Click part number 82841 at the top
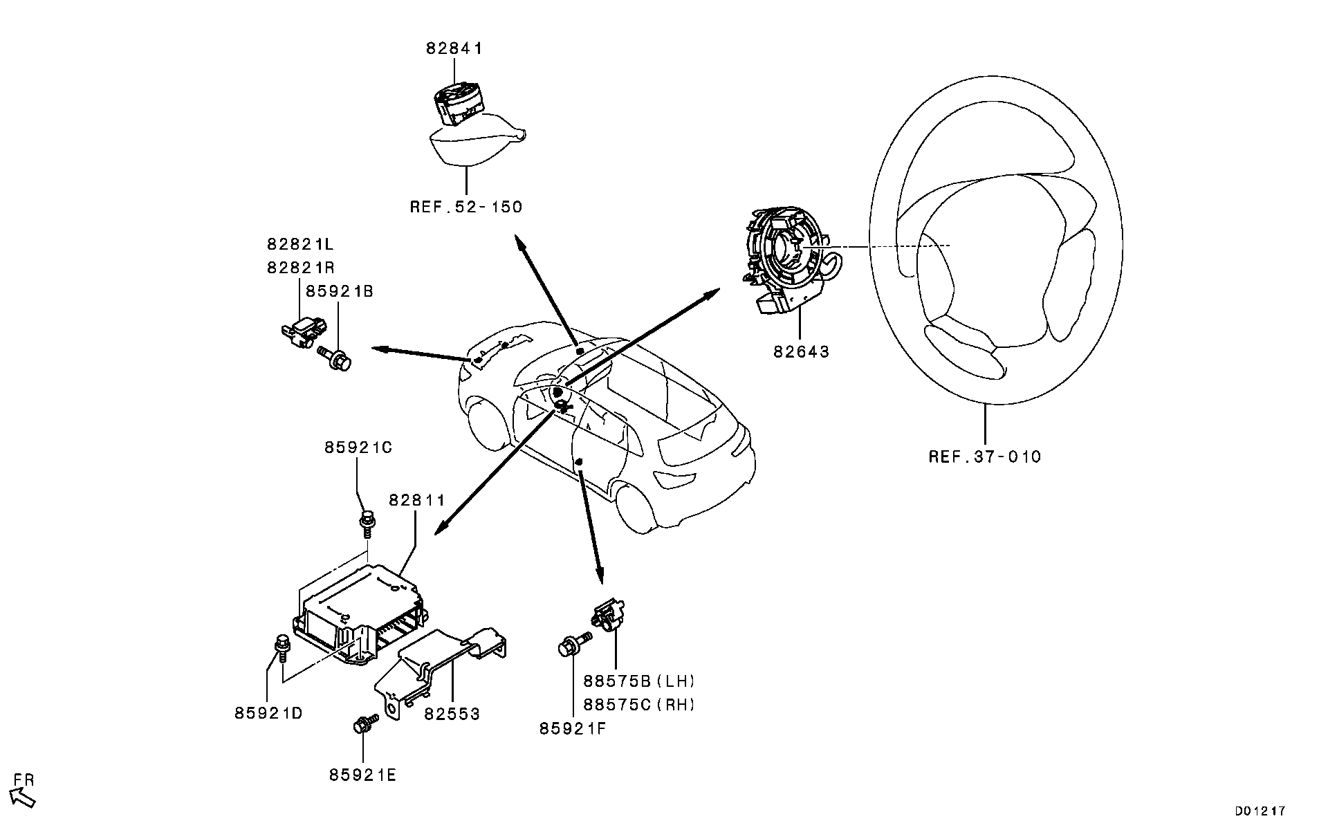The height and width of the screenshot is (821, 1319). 454,48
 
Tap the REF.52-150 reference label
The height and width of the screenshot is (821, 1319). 465,207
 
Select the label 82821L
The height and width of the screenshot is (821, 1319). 300,244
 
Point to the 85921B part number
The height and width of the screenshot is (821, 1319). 339,291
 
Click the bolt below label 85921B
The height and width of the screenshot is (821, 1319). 337,358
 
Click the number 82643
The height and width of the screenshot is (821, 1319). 801,351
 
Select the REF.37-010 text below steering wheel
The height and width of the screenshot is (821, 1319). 984,456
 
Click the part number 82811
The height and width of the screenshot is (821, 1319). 416,499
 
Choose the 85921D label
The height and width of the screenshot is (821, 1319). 268,713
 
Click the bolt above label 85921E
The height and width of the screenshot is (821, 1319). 364,725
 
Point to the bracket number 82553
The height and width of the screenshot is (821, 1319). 452,714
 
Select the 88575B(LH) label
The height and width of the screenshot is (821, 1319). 638,681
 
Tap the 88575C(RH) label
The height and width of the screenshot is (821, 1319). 638,704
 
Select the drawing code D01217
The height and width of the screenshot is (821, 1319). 1260,810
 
